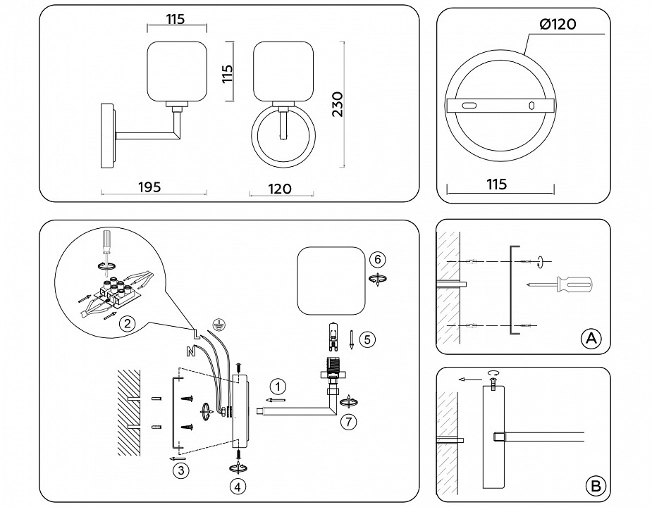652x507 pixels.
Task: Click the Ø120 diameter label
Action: coord(558,24)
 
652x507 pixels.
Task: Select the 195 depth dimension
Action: coord(149,187)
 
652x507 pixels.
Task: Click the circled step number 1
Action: coord(278,386)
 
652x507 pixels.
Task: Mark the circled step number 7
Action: coord(347,423)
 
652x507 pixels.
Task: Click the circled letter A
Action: coord(591,339)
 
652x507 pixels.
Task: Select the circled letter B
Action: coord(596,485)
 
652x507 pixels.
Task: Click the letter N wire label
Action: coord(190,350)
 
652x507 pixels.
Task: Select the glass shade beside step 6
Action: coord(331,281)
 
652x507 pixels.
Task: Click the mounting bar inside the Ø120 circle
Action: coord(499,105)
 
